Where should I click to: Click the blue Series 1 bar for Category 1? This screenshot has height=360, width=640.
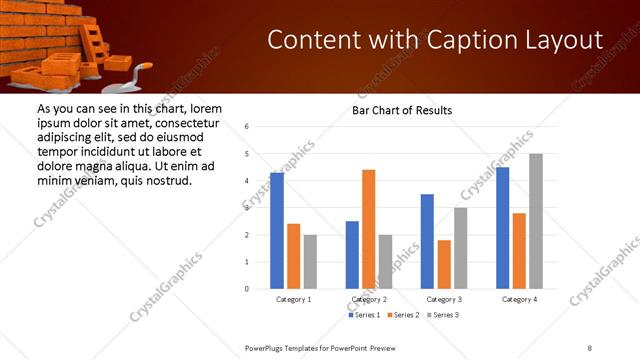point(276,230)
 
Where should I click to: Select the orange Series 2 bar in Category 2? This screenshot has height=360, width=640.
point(368,229)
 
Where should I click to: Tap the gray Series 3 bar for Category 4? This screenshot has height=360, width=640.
point(535,221)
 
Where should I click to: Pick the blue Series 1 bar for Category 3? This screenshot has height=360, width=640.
point(427,241)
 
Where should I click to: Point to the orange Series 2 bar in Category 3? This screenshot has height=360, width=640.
point(444,264)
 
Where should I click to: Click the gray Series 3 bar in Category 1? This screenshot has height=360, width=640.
point(310,261)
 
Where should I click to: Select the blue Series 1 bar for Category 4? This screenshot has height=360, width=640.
point(502,228)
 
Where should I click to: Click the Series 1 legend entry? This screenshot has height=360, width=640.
point(364,315)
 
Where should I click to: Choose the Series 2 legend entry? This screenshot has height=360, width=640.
point(402,315)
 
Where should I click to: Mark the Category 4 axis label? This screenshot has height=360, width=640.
point(518,299)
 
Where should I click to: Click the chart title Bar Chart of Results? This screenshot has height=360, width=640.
point(402,110)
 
